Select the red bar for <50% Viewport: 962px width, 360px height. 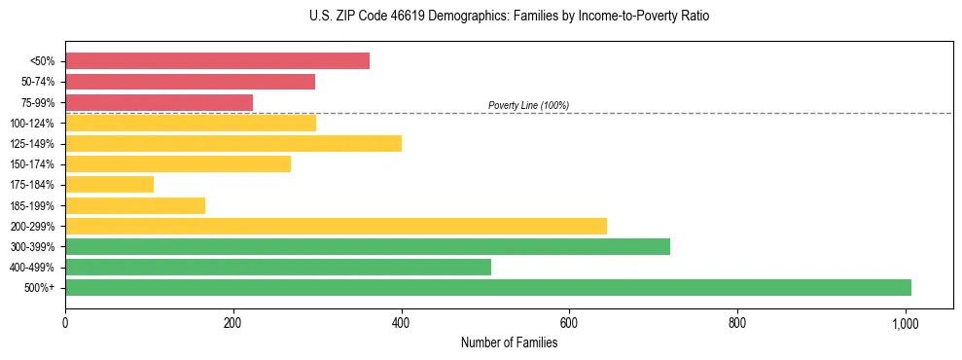[217, 60]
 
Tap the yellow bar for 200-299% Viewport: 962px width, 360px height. [336, 226]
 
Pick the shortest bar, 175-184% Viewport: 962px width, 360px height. [109, 184]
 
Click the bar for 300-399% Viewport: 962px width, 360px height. [368, 246]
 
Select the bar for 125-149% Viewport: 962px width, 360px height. [233, 143]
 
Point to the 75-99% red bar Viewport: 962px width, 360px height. [159, 102]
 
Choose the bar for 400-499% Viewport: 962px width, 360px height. [278, 267]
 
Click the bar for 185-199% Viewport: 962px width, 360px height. [135, 205]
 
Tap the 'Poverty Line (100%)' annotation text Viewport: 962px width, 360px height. [528, 105]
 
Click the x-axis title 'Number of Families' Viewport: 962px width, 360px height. [509, 342]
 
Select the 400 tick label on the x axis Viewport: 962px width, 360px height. [401, 322]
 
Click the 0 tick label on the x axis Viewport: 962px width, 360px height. [65, 322]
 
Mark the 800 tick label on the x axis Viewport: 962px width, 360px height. [737, 322]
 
